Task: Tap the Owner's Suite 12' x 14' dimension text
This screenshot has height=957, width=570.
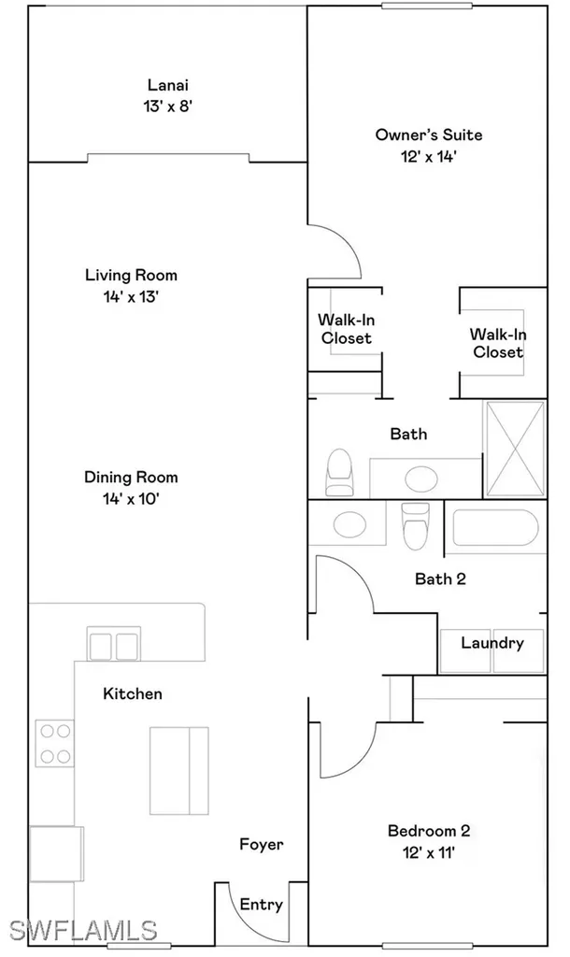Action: coord(416,157)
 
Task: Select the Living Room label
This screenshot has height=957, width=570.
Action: coord(131,276)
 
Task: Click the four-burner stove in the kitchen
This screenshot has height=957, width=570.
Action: coord(54,744)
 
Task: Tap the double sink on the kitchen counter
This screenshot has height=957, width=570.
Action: coord(113,644)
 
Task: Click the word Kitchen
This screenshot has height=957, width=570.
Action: coord(132,693)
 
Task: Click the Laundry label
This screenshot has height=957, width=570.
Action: coord(492,643)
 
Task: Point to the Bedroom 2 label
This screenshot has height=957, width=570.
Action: coord(428,830)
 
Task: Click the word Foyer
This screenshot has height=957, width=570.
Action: coord(261,844)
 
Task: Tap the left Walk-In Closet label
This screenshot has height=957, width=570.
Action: coord(345,329)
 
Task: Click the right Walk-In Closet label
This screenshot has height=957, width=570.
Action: coord(496,343)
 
